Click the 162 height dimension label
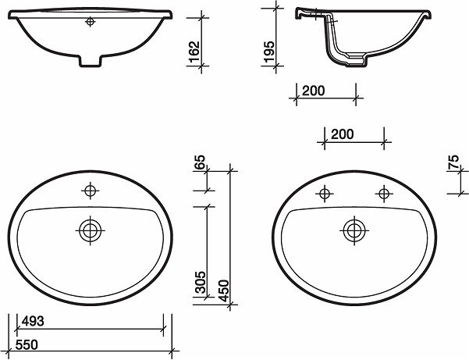click(195, 52)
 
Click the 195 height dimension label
click(269, 52)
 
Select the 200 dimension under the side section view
click(313, 91)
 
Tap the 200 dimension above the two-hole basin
click(342, 134)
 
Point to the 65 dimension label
click(200, 162)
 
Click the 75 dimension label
click(453, 162)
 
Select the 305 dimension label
click(200, 282)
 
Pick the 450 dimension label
click(224, 290)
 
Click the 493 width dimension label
click(34, 321)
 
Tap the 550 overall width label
click(27, 344)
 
